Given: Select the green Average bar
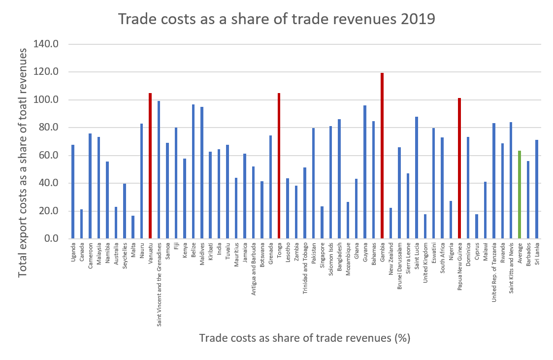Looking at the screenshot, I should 520,195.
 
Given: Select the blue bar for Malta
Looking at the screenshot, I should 133,227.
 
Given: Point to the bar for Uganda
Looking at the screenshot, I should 73,192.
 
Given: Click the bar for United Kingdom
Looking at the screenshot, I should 425,226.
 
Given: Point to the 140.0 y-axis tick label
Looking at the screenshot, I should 46,44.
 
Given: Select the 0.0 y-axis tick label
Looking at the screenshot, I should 51,239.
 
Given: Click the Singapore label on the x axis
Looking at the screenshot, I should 323,255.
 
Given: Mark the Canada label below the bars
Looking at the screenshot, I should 82,251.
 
